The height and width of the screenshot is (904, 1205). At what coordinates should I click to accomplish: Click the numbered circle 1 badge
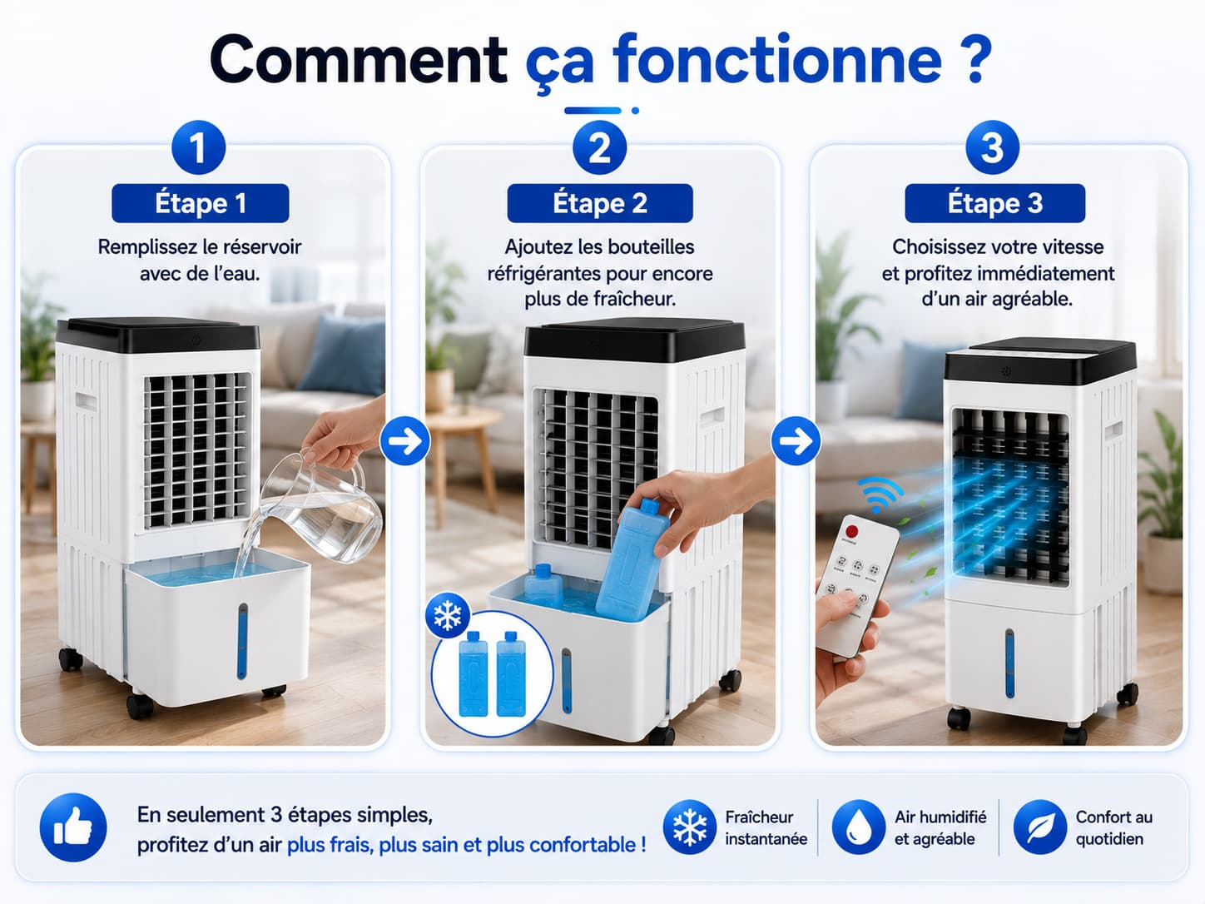[198, 147]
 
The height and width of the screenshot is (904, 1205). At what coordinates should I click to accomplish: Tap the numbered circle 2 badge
[599, 147]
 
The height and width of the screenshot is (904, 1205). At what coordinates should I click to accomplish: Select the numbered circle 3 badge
[993, 147]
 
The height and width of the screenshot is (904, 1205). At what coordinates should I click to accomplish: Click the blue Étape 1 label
[201, 203]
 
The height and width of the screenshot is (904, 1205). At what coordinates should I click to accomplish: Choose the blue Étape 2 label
[600, 203]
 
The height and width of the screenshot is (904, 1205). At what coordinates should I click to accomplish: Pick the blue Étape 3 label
[994, 203]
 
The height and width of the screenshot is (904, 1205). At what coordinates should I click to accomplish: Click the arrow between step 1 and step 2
[405, 440]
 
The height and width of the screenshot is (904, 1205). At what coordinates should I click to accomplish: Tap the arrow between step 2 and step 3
[796, 440]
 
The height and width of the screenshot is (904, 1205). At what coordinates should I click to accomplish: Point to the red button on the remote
[851, 531]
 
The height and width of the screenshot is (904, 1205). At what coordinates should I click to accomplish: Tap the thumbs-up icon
[73, 827]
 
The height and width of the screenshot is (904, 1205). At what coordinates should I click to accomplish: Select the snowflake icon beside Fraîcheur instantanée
[690, 827]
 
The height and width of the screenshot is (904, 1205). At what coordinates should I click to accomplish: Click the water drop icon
[859, 827]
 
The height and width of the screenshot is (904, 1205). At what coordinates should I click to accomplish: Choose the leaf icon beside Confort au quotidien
[1039, 827]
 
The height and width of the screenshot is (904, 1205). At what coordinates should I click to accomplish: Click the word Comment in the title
[358, 59]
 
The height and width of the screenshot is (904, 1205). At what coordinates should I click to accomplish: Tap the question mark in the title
[975, 59]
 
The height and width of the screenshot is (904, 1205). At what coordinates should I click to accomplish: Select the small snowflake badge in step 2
[448, 615]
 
